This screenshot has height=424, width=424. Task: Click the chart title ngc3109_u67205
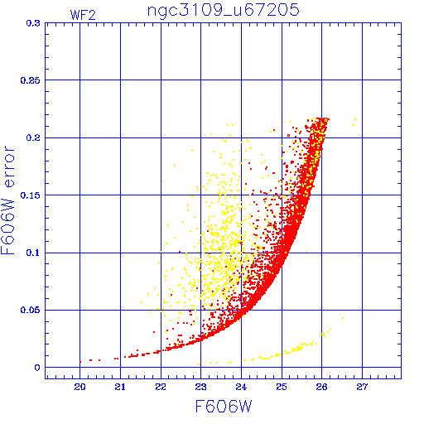(224, 12)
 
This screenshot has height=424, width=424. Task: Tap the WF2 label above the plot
(83, 15)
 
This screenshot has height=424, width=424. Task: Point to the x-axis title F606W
(224, 407)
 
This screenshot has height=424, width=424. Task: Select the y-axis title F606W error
(7, 200)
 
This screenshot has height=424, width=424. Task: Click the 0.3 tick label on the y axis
(33, 23)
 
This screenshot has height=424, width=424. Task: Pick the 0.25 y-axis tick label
(31, 80)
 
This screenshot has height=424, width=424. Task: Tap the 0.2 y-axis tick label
(33, 137)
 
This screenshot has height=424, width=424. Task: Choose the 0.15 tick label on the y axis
(31, 195)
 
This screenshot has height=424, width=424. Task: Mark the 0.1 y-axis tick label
(33, 253)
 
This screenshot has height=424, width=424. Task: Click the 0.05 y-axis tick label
(31, 310)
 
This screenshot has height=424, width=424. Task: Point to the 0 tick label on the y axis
(37, 368)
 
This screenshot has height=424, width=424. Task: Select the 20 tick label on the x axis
(79, 387)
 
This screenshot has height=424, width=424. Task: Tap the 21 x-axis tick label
(120, 387)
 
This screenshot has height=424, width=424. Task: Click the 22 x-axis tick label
(161, 387)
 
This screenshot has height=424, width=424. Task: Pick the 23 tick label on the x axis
(201, 387)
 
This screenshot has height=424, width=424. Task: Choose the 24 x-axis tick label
(241, 387)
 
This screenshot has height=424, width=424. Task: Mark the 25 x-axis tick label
(282, 387)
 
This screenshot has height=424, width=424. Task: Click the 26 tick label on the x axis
(322, 387)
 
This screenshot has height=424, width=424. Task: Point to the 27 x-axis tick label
(362, 387)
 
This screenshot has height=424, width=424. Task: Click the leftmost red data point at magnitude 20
(80, 362)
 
